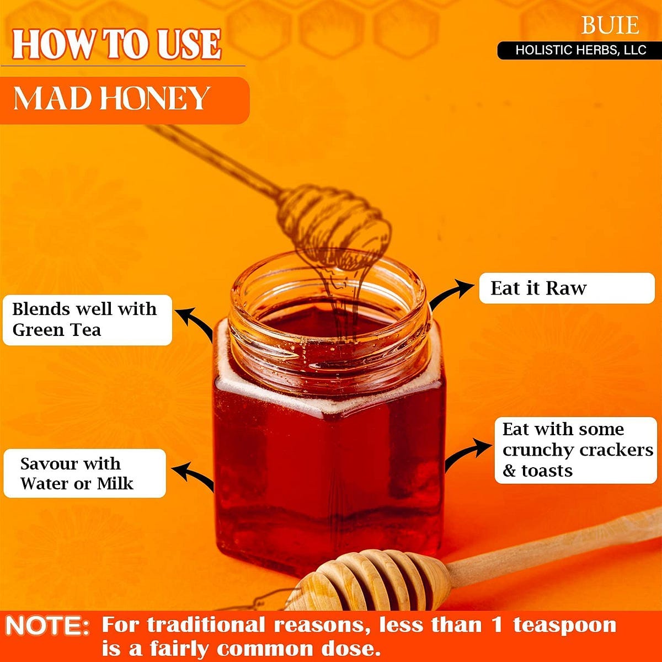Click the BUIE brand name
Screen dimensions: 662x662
[610, 25]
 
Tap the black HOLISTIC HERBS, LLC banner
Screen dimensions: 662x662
[579, 51]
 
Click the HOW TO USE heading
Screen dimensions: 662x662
[117, 44]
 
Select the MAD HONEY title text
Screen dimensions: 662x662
[111, 98]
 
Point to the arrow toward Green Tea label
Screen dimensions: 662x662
[196, 321]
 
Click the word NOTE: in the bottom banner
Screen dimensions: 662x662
[47, 626]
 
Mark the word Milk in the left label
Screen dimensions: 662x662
[115, 484]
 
